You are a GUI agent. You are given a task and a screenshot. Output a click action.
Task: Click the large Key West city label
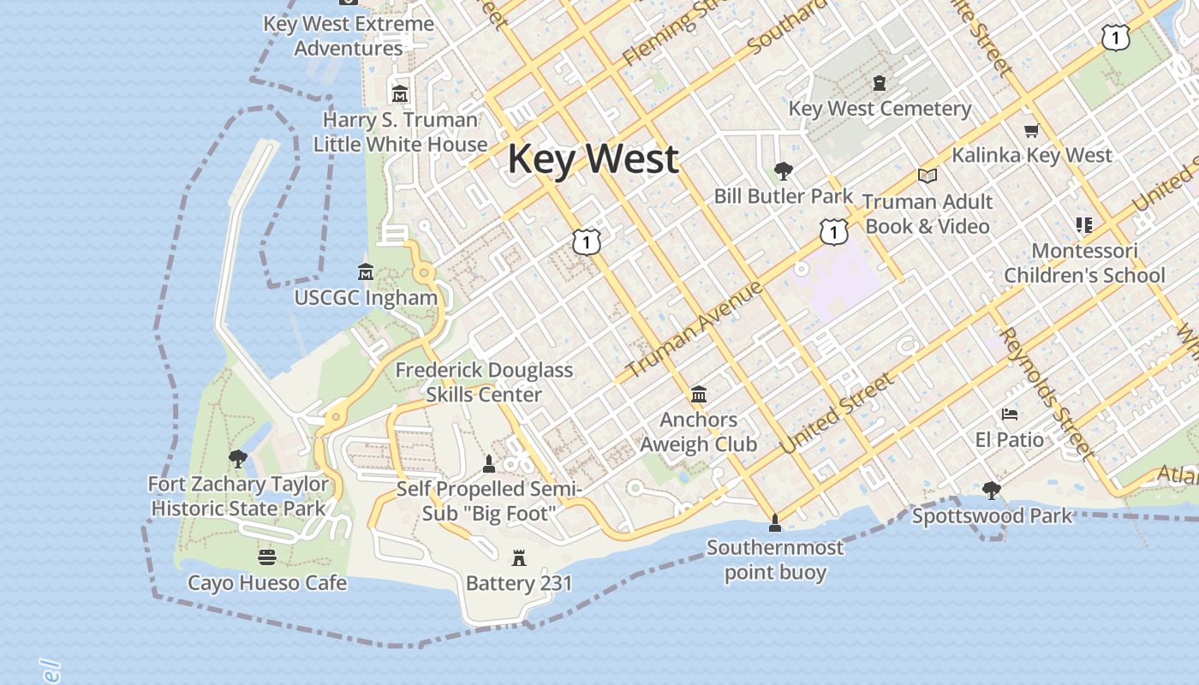[594, 160]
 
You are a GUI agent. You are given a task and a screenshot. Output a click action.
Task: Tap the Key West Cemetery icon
[879, 83]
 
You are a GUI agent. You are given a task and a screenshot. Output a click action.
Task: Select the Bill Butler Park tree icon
[783, 171]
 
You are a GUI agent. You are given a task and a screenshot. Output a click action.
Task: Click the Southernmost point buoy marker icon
[775, 522]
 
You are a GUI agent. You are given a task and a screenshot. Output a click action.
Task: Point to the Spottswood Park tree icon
[992, 491]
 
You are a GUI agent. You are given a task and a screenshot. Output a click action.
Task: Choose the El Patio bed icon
[1010, 415]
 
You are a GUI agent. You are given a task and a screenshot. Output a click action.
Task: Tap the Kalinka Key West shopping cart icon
[1031, 131]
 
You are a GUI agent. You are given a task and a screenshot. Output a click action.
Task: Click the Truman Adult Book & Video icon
[927, 176]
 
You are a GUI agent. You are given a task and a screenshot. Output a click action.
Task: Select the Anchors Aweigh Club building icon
[699, 395]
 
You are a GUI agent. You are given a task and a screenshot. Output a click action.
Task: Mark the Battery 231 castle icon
[518, 558]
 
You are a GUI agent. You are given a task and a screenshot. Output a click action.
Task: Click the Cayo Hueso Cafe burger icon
[267, 558]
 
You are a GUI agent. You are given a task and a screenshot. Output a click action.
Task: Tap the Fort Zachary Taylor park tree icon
[238, 459]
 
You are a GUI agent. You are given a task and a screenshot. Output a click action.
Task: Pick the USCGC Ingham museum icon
[366, 272]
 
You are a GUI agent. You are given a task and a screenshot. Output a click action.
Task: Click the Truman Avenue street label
[695, 331]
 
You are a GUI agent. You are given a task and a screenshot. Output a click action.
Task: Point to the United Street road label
[837, 414]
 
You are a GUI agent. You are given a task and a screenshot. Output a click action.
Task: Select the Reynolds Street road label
[1047, 392]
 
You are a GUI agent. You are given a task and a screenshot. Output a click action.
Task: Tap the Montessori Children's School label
[1084, 263]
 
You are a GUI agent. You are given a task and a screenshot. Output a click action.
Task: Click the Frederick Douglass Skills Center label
[484, 382]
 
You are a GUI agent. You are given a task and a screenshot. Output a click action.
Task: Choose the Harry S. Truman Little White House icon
[399, 94]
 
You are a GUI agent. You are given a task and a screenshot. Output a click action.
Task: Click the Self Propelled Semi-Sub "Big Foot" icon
[489, 464]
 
